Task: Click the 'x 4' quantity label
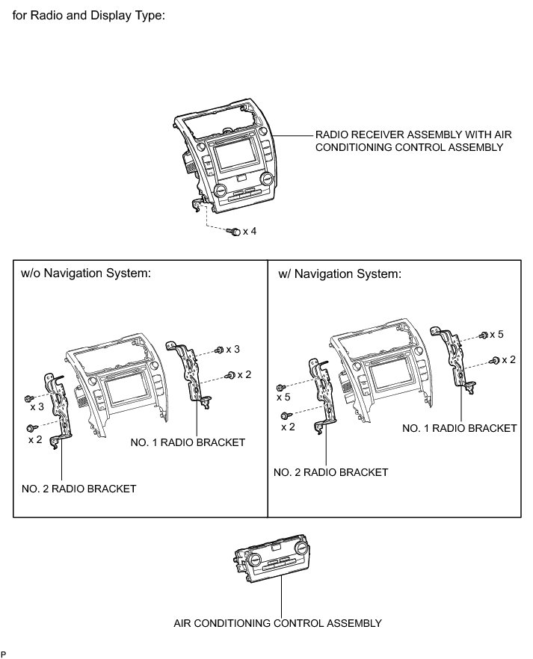(250, 232)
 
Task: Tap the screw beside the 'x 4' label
(235, 232)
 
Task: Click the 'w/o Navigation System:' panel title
(86, 273)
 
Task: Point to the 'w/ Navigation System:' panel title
(339, 273)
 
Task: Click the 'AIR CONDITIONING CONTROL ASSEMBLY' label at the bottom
(277, 622)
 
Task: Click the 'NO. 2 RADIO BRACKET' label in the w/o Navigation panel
(79, 489)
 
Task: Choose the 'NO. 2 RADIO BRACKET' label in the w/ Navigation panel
(331, 472)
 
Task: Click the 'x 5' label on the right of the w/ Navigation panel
(496, 334)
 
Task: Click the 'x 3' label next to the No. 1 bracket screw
(232, 350)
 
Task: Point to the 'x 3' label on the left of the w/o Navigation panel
(37, 406)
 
